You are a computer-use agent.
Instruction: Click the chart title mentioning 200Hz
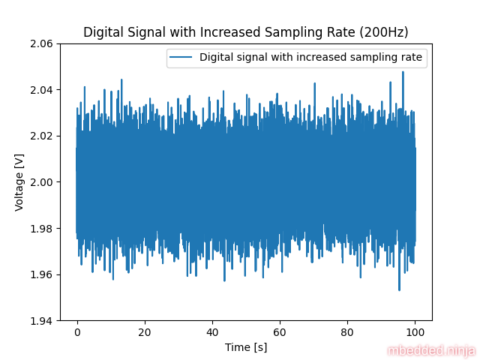click(246, 32)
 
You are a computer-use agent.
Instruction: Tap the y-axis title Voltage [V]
click(19, 182)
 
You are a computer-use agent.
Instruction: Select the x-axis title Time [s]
click(246, 347)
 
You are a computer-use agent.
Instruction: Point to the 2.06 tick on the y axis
click(40, 43)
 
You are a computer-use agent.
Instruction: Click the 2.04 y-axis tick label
click(40, 90)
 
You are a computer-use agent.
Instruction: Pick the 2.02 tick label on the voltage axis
click(40, 136)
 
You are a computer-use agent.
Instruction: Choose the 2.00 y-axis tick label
click(40, 182)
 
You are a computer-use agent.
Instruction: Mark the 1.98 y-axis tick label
click(40, 228)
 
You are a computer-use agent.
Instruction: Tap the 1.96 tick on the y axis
click(40, 274)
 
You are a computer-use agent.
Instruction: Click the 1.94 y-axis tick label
click(40, 320)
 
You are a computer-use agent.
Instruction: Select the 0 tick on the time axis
click(76, 331)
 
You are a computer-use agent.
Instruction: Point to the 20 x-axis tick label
click(144, 331)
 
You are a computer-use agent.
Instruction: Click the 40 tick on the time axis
click(212, 331)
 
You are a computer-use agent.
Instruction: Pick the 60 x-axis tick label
click(280, 331)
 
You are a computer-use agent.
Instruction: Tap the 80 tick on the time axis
click(347, 331)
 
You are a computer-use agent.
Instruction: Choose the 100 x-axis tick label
click(415, 331)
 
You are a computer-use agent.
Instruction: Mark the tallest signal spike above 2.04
click(403, 73)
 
